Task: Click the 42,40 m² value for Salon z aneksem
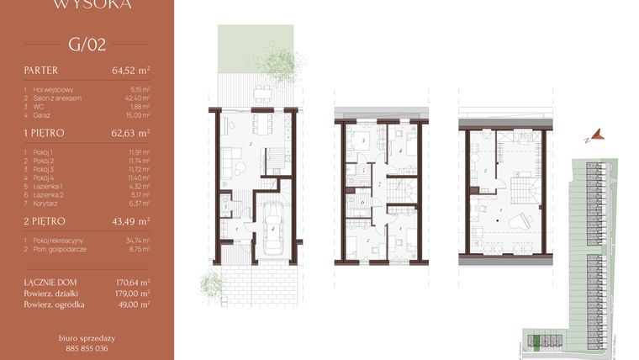138,98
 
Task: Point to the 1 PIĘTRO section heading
45,133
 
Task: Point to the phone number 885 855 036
87,347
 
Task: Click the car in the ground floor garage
273,231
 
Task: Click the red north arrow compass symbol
597,133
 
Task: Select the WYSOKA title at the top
87,5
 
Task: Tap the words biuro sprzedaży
87,337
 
